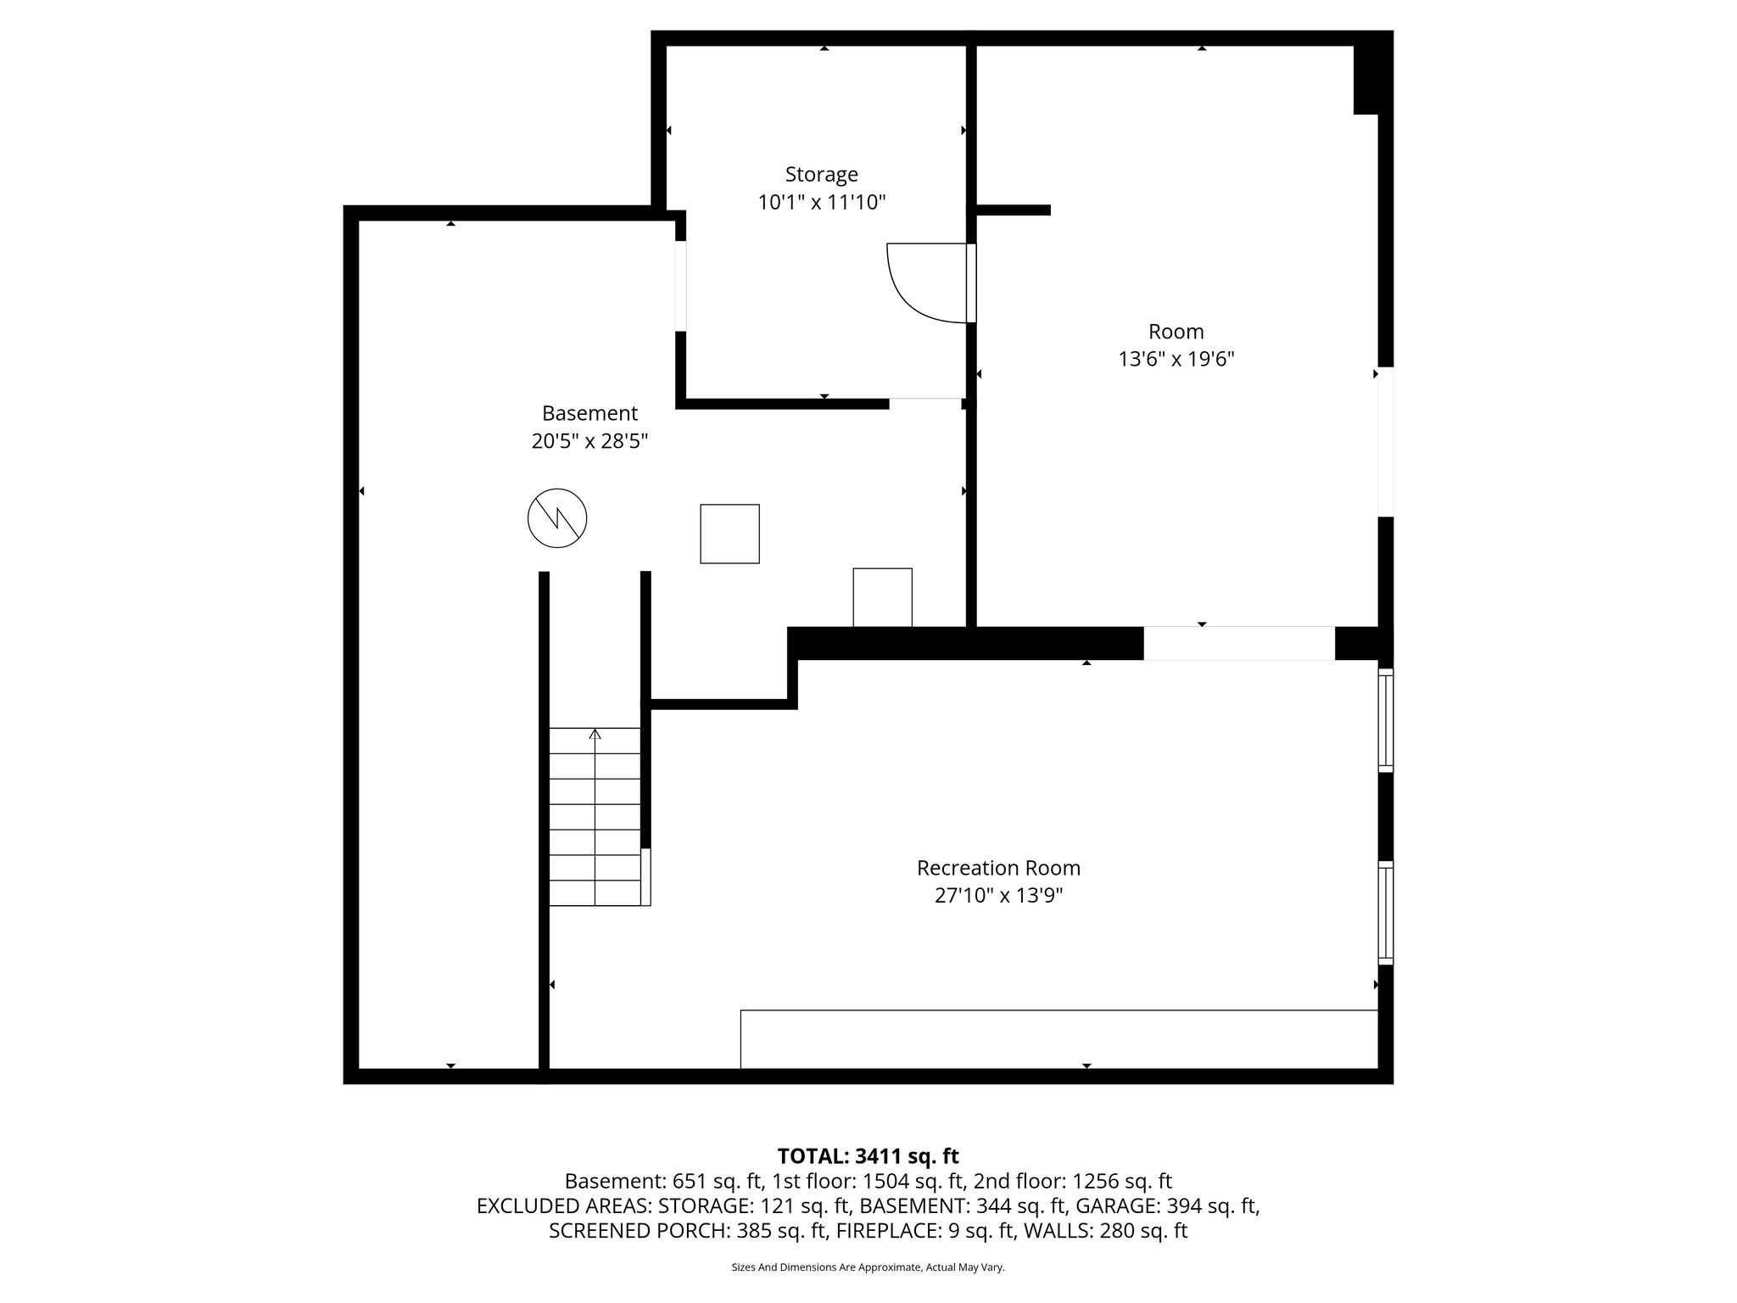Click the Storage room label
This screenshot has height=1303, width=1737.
(x=821, y=175)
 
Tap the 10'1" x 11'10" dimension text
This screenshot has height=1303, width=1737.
(x=821, y=203)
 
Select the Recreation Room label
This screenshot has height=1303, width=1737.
(x=998, y=868)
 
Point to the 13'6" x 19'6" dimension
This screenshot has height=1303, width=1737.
(x=1176, y=360)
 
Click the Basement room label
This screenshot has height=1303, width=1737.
(x=589, y=413)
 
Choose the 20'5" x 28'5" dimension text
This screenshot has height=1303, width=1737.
(x=589, y=441)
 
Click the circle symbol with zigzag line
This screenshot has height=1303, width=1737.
(x=557, y=517)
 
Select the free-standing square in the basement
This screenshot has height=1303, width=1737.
(x=729, y=534)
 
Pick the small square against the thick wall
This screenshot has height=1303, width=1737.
(x=882, y=597)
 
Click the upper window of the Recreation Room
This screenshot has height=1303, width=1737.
(x=1385, y=720)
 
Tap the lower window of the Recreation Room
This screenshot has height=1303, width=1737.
(x=1385, y=913)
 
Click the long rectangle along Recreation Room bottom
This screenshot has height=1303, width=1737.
(x=1058, y=1038)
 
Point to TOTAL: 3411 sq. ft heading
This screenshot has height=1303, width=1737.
(x=868, y=1156)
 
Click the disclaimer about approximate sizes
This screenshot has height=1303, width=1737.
(x=868, y=1267)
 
